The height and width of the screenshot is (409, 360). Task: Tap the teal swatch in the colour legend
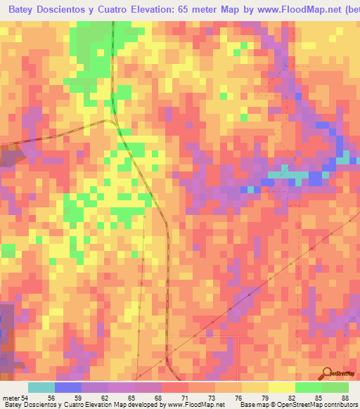pos(41,388)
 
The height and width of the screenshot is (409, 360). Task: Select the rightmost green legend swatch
pos(335,388)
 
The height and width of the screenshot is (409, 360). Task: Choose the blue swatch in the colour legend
pos(68,388)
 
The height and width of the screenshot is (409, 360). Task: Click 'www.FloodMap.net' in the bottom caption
pos(196,404)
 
